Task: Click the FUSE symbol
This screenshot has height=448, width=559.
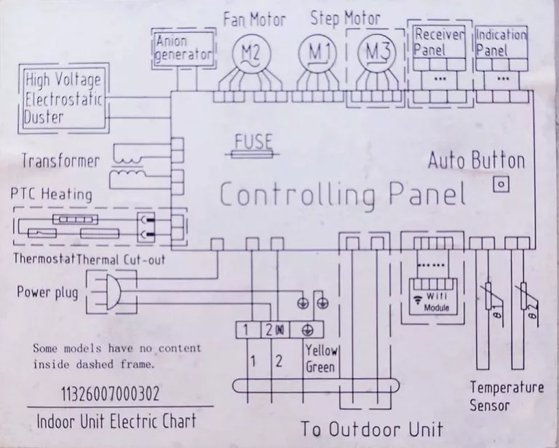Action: coord(253,154)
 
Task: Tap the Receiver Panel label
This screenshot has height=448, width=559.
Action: coord(439,42)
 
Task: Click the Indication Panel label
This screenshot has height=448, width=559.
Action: coord(501,43)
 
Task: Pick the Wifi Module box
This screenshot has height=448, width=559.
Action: coord(432,296)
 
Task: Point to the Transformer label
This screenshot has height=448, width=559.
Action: coord(60,161)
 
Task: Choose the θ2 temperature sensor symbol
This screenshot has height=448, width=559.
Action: coord(525,300)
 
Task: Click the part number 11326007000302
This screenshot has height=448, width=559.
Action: coord(111,394)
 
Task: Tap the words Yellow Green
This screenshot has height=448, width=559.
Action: coord(321,359)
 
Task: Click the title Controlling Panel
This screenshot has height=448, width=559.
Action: coord(343,194)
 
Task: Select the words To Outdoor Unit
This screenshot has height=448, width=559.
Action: coord(372,428)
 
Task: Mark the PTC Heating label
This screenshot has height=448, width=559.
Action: coord(52,194)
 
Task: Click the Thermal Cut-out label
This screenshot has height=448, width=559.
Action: coord(121,259)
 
